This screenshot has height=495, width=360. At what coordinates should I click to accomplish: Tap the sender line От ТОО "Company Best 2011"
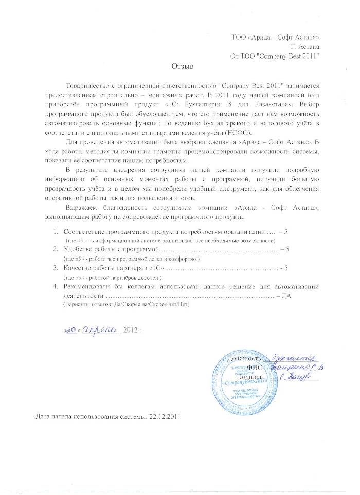[275, 56]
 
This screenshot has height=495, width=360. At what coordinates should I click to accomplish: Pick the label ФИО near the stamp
[255, 368]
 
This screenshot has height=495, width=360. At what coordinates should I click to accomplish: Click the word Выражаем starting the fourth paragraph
[83, 207]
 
